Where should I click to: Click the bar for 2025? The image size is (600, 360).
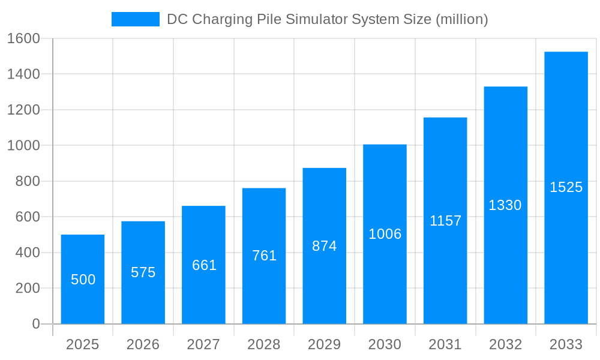click(x=83, y=279)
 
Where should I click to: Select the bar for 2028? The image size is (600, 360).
click(x=264, y=256)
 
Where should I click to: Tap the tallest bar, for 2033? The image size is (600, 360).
click(x=566, y=188)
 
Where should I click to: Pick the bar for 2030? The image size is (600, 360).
click(x=385, y=234)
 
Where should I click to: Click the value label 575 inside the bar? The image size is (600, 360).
click(x=143, y=272)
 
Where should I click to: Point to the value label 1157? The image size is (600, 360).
click(x=445, y=221)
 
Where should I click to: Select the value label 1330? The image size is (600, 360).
click(x=505, y=205)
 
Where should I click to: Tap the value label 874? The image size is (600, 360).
click(x=325, y=246)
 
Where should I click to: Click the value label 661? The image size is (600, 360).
click(x=204, y=265)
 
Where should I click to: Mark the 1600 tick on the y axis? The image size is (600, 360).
click(x=23, y=39)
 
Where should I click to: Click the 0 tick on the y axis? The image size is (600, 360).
click(x=35, y=324)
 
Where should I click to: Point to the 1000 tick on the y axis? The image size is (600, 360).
click(x=23, y=146)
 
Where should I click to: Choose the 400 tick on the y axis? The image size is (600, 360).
click(x=27, y=253)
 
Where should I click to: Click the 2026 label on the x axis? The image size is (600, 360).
click(x=143, y=344)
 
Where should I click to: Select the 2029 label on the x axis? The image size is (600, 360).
click(x=325, y=344)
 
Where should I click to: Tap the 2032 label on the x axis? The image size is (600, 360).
click(x=505, y=344)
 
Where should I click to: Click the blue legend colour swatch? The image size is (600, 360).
click(x=136, y=19)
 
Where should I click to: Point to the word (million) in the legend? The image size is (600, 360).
click(x=461, y=19)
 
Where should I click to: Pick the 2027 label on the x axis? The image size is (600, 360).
click(x=204, y=344)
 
